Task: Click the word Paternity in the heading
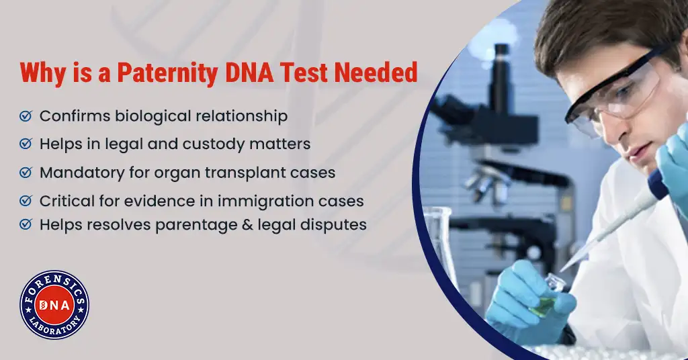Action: click(x=167, y=73)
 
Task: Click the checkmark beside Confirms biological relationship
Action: click(x=26, y=116)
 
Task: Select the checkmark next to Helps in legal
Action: click(x=26, y=144)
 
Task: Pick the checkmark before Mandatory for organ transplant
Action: click(x=26, y=173)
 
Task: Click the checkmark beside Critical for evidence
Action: click(x=26, y=201)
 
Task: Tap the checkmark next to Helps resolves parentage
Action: click(x=26, y=224)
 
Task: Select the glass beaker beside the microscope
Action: click(x=439, y=246)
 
